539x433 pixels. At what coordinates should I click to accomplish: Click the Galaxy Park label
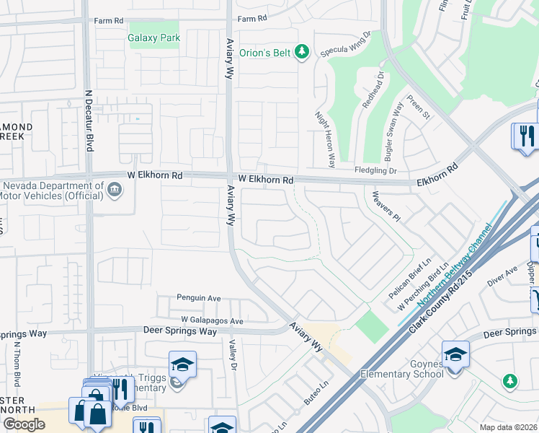pyautogui.click(x=153, y=38)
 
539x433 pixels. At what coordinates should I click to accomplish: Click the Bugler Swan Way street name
pyautogui.click(x=395, y=134)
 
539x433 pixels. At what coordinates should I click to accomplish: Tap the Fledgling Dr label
pyautogui.click(x=376, y=170)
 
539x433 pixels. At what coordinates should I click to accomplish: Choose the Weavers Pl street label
pyautogui.click(x=386, y=207)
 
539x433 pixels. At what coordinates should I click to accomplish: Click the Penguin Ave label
pyautogui.click(x=199, y=297)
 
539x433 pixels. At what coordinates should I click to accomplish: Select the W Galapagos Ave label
pyautogui.click(x=213, y=320)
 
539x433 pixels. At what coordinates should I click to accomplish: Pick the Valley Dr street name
pyautogui.click(x=233, y=357)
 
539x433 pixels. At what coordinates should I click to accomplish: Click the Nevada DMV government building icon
pyautogui.click(x=113, y=190)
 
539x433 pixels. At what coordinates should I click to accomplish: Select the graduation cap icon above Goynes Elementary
pyautogui.click(x=455, y=354)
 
